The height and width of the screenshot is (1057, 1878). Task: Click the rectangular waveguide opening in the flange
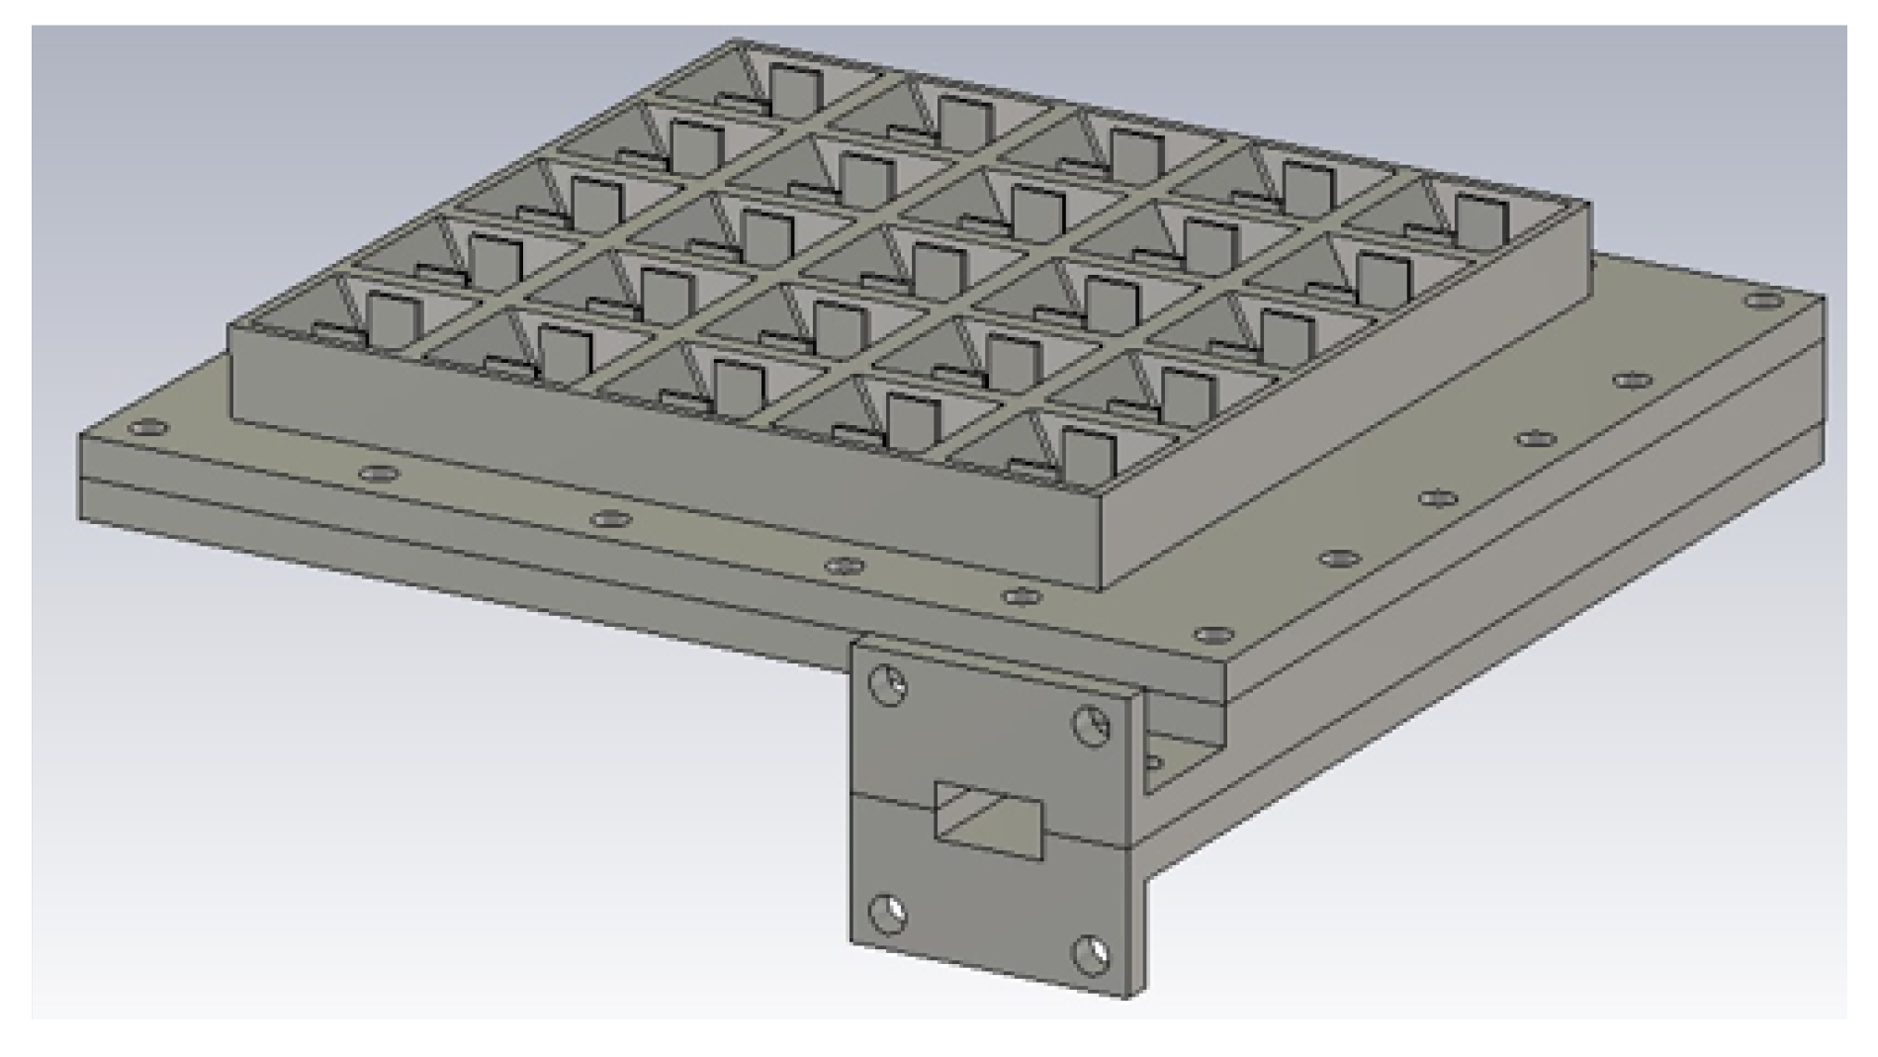[988, 821]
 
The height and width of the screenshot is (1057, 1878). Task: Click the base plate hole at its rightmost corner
[1762, 300]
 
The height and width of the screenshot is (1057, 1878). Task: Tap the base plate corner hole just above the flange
[1208, 633]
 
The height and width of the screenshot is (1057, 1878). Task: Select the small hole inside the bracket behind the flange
[1152, 762]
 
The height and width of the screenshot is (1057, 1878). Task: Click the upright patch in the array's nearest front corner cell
[1088, 455]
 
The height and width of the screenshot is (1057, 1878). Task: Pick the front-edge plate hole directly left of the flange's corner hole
[1021, 596]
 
